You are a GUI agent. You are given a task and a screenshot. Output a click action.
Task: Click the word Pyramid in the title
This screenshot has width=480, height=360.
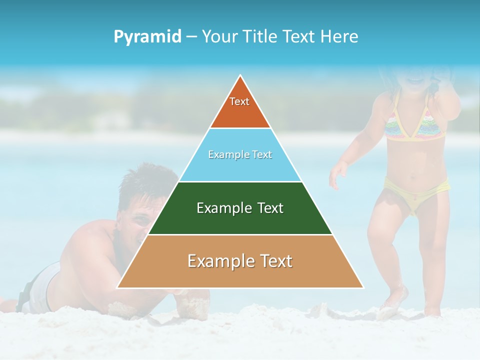(147, 37)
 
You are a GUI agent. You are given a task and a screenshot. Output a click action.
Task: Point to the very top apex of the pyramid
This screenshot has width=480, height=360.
(240, 76)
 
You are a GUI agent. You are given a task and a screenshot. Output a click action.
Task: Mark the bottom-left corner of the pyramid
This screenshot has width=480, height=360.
(118, 287)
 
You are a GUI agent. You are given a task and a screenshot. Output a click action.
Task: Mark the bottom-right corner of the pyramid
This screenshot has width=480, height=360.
(363, 287)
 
